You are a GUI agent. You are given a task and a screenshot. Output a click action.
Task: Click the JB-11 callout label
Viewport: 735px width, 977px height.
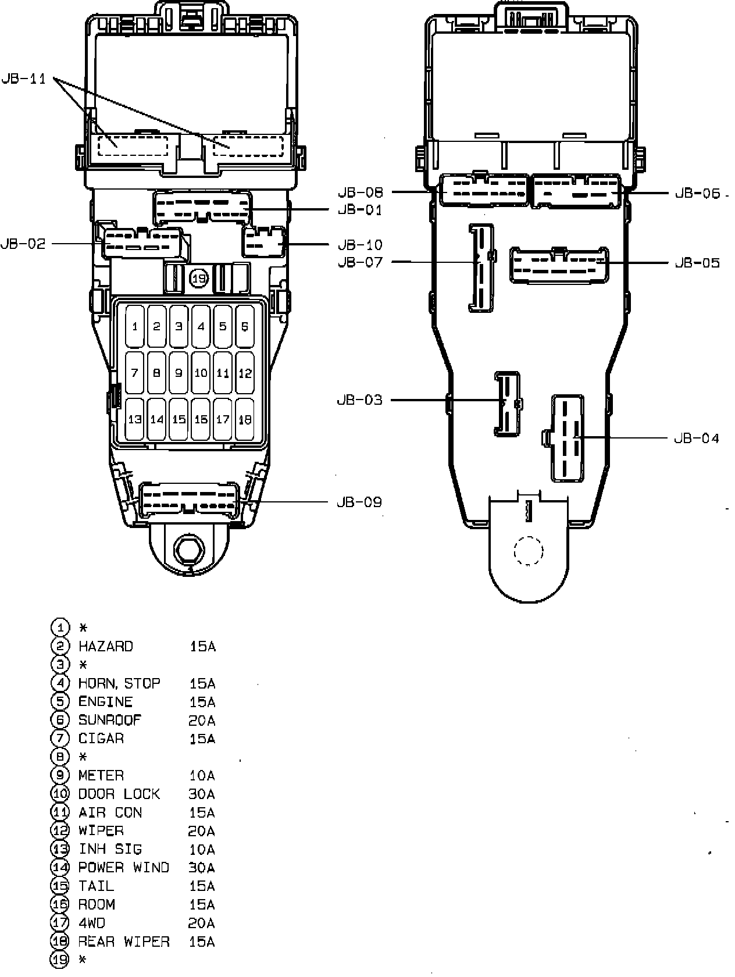point(24,79)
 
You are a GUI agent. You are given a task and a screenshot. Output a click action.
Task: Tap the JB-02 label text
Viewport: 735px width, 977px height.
point(23,244)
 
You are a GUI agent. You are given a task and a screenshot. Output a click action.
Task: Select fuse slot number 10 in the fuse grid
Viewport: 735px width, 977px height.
point(201,372)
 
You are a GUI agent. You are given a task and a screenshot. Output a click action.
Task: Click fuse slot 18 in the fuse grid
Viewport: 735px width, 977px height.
point(245,419)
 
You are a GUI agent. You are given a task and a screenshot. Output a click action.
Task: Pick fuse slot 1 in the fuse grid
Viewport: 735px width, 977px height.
point(135,326)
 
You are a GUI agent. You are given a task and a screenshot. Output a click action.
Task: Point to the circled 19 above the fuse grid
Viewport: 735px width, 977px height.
point(199,279)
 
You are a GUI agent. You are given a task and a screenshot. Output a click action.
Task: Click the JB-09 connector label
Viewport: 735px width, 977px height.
point(359,502)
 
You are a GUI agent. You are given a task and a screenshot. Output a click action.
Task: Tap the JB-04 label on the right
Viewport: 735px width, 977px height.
point(697,438)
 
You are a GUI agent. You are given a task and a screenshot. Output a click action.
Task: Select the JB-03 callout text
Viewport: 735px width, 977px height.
point(359,400)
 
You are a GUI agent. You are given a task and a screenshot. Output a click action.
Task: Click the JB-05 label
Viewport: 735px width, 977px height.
point(697,263)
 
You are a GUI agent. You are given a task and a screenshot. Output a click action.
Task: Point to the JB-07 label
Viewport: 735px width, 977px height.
point(361,262)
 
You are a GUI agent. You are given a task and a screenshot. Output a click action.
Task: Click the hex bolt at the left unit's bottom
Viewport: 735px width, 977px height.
point(189,549)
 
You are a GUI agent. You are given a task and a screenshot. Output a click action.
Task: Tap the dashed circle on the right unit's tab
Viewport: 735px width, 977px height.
point(529,550)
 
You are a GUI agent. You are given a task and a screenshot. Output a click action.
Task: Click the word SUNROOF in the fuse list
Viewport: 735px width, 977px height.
point(109,720)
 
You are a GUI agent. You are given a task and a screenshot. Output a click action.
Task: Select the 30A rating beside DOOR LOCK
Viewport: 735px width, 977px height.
point(202,794)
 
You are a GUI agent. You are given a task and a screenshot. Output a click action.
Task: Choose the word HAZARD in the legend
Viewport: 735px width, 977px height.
point(105,646)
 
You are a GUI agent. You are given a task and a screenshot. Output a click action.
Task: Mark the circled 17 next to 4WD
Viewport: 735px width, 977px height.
point(60,923)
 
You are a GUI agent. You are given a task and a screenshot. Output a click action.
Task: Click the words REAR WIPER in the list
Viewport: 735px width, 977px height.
point(124,942)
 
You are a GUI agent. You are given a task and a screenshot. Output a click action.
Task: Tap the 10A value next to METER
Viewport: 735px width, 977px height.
point(202,775)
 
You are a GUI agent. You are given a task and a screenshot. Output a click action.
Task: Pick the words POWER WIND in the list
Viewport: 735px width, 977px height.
point(123,868)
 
